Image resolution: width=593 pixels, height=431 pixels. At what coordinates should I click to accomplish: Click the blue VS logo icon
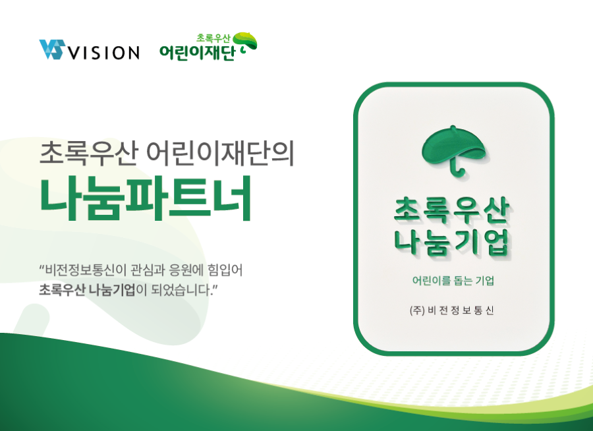(x=51, y=49)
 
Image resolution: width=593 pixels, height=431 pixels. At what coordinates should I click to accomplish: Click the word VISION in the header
(x=103, y=53)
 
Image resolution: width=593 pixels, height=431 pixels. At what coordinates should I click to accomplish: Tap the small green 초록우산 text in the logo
(x=213, y=38)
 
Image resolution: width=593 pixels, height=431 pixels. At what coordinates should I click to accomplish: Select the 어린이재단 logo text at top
(x=197, y=53)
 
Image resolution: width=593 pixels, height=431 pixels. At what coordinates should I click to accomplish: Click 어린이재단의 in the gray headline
(x=220, y=153)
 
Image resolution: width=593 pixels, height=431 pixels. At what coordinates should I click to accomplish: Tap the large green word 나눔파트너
(x=146, y=198)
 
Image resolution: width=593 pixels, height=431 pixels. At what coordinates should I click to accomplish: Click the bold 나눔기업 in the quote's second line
(x=111, y=290)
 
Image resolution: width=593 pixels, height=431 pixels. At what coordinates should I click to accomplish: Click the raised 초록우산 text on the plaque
(x=451, y=210)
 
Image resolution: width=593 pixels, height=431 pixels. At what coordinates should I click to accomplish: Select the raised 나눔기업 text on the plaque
(x=451, y=243)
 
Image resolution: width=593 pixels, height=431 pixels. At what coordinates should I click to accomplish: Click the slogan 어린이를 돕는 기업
(x=453, y=280)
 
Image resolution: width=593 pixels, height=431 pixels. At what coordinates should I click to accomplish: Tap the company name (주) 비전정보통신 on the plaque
(x=451, y=310)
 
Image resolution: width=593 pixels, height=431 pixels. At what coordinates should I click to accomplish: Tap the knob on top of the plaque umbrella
(x=453, y=127)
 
